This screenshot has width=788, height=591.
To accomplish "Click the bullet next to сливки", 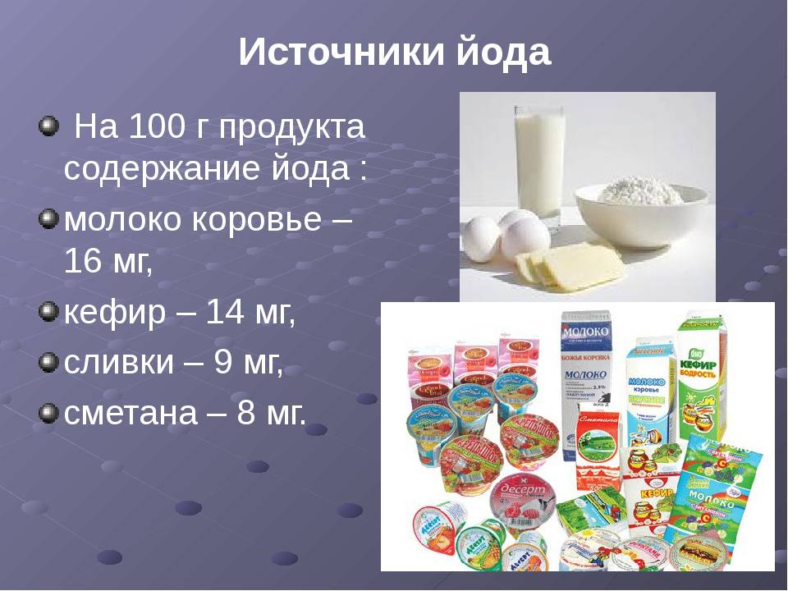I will coord(48,362).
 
